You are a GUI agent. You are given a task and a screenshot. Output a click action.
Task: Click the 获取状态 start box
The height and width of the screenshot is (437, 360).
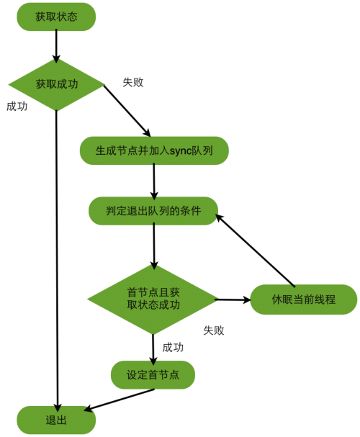56,17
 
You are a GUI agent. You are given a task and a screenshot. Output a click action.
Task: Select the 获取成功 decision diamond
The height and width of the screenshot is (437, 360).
57,84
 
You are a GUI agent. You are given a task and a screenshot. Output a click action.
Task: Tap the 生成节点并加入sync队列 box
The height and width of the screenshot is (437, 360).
154,150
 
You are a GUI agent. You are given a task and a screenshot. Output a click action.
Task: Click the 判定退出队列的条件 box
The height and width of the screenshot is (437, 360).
153,211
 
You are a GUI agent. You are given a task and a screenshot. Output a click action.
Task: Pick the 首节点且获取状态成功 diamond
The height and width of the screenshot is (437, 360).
153,299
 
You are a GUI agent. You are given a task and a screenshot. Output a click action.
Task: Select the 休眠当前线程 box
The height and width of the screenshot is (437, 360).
303,299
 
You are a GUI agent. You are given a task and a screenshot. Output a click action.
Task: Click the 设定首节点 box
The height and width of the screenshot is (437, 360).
153,374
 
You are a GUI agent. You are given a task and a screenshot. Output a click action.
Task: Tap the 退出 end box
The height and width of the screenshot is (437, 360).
56,420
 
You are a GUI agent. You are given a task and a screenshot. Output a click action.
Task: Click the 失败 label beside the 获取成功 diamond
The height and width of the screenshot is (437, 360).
133,82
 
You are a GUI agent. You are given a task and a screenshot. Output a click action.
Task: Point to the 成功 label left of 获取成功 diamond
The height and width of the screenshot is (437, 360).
17,106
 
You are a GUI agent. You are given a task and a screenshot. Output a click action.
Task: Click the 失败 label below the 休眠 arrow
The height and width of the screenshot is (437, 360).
214,330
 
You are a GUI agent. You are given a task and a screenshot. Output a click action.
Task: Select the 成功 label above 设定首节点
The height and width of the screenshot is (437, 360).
173,347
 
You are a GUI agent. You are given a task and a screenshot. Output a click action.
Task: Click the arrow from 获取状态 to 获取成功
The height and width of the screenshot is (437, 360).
56,46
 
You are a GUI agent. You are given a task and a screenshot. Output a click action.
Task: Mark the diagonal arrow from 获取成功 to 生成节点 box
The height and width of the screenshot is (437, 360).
127,111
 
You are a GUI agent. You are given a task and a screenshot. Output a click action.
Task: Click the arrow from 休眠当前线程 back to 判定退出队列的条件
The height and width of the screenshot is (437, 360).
255,251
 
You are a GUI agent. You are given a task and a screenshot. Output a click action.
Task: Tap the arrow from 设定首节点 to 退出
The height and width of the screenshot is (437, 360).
119,400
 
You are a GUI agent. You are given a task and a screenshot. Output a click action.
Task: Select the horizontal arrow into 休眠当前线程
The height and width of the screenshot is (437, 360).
233,299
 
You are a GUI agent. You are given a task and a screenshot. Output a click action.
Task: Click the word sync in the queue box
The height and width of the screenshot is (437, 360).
181,151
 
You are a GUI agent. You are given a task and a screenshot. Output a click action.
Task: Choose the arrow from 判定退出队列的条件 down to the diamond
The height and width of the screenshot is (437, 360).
154,245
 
